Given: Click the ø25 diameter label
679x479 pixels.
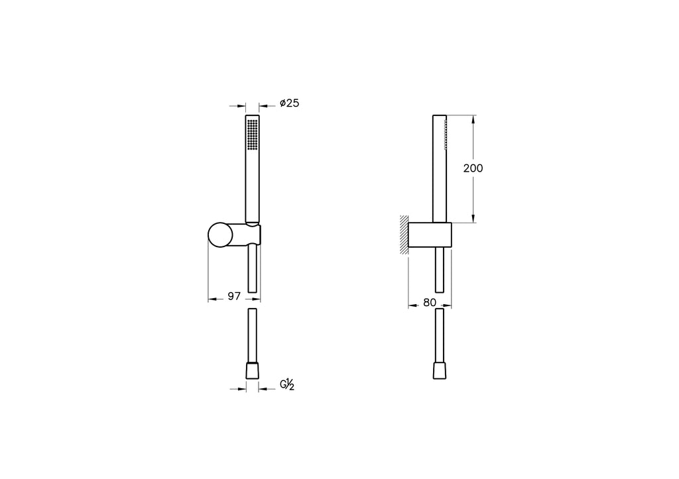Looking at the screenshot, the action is coord(289,103).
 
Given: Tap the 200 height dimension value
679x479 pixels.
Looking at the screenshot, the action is coord(473,168).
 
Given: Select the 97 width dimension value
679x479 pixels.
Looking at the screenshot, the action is coord(234,296).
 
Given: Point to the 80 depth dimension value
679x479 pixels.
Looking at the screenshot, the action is coord(430,303).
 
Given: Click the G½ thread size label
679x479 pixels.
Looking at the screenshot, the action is coord(287,384).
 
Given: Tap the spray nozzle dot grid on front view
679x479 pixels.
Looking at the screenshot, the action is coord(253,134).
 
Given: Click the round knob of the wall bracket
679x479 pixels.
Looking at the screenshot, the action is coord(220,235).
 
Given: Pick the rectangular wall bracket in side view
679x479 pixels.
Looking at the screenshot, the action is coord(430,235).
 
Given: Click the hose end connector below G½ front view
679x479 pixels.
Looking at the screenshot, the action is coord(252,371).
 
